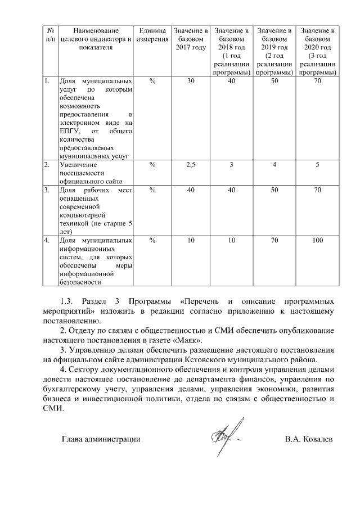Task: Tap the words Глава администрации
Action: [101, 439]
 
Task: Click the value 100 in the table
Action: [318, 241]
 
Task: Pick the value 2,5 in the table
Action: [191, 165]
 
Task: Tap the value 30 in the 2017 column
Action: [191, 82]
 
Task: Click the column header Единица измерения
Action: [152, 35]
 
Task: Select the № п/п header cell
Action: [50, 35]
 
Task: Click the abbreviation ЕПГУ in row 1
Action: [70, 131]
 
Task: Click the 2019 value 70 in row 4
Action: [274, 241]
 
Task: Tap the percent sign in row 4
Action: [152, 241]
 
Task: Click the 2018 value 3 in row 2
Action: [231, 165]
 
